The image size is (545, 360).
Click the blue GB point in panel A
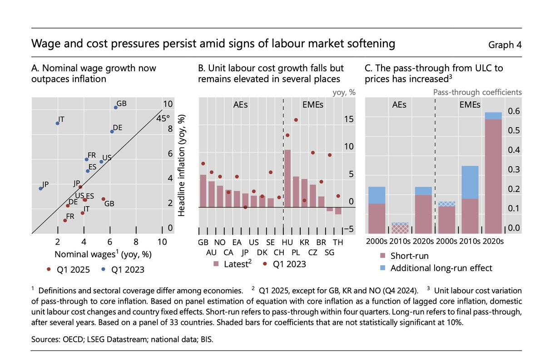115,107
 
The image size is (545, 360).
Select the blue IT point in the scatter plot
57,123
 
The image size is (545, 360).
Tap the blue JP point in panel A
40,188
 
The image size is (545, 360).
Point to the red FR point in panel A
65,220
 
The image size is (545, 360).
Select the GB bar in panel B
203,191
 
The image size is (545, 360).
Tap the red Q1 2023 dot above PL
296,120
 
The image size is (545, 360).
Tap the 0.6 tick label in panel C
514,111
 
